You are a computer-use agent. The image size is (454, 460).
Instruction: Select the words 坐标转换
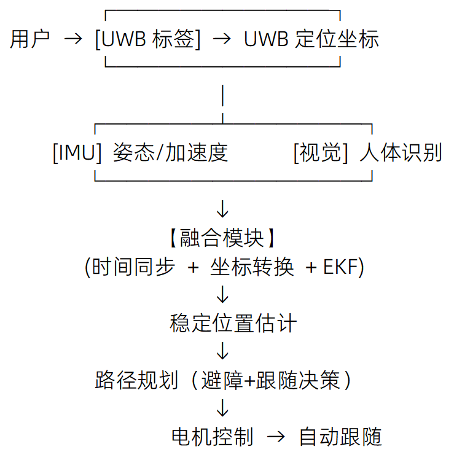pyautogui.click(x=252, y=268)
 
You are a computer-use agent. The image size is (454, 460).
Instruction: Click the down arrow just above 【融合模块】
pyautogui.click(x=222, y=209)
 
